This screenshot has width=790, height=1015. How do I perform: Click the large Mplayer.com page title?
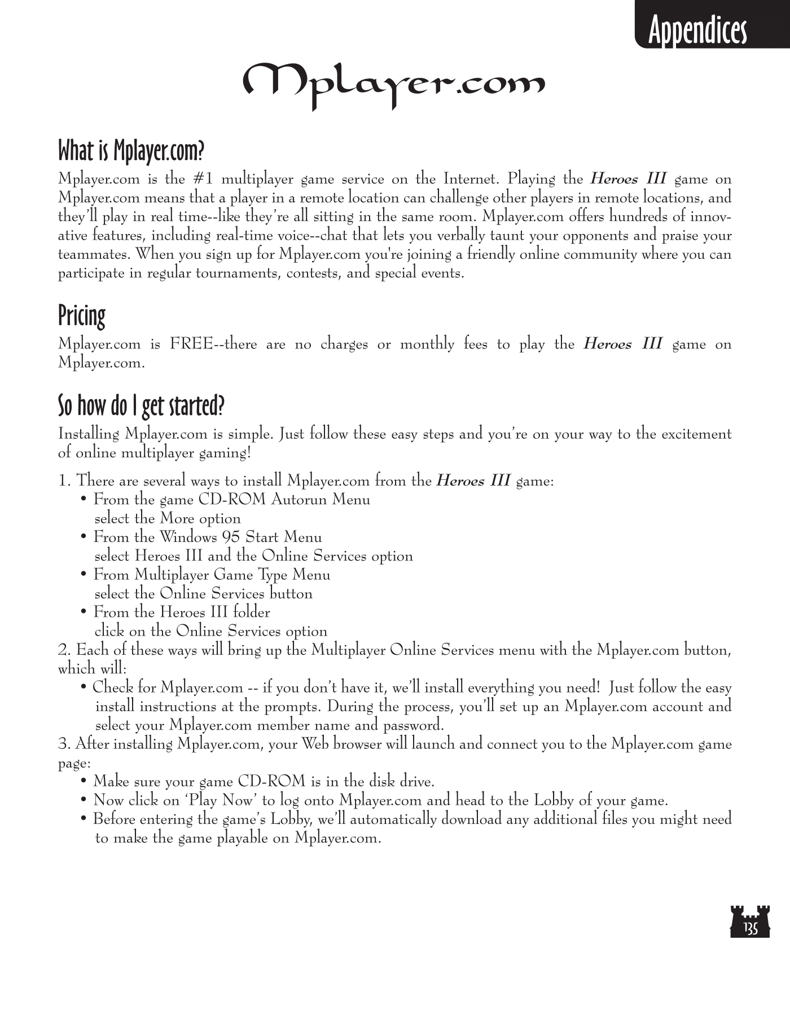pyautogui.click(x=394, y=85)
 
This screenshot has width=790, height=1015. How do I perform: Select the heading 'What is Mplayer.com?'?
pyautogui.click(x=131, y=151)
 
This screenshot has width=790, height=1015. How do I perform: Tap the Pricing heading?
pyautogui.click(x=82, y=316)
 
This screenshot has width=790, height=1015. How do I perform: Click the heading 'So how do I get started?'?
pyautogui.click(x=142, y=405)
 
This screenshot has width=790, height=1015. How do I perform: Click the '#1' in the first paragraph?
pyautogui.click(x=203, y=179)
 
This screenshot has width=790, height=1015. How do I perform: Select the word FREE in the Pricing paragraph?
pyautogui.click(x=191, y=344)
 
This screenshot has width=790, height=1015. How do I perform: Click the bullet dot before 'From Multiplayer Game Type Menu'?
pyautogui.click(x=84, y=575)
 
